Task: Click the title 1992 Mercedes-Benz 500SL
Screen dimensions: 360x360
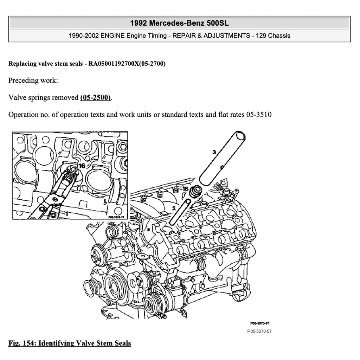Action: click(x=179, y=23)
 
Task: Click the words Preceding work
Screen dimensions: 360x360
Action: click(x=33, y=80)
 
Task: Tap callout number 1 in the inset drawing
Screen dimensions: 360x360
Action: click(x=66, y=213)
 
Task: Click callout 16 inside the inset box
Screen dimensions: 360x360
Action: click(x=82, y=165)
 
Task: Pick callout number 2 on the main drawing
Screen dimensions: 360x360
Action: click(x=174, y=208)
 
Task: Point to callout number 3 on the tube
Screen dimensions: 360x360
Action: click(x=214, y=152)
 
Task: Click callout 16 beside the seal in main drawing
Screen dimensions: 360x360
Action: click(x=186, y=189)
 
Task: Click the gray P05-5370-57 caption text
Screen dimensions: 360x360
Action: click(x=259, y=331)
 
